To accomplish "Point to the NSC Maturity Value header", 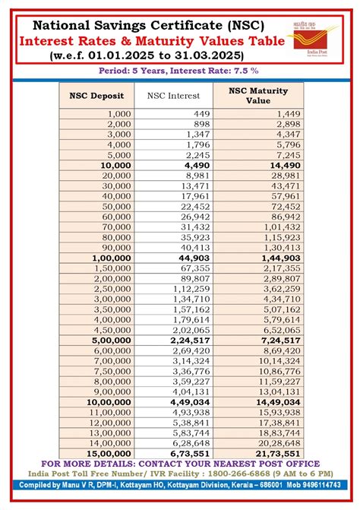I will pos(258,96).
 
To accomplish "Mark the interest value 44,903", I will pos(195,258).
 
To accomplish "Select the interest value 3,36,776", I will pos(190,372).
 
